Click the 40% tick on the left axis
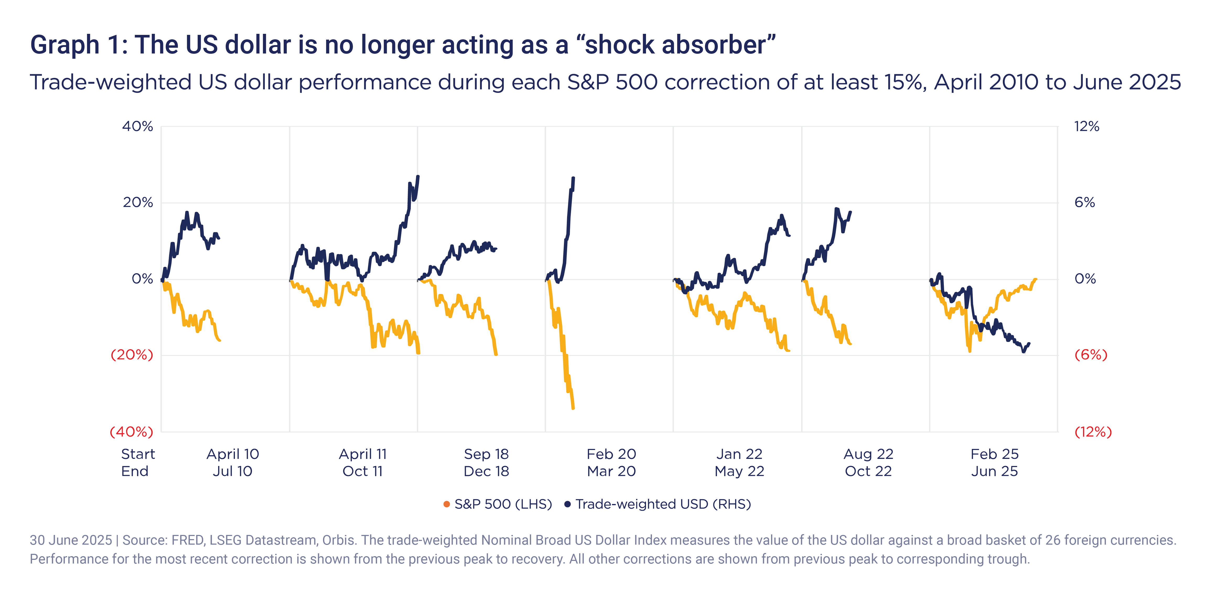138,127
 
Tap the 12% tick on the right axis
1087,127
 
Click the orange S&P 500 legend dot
446,504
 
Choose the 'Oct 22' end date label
868,471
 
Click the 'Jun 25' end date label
994,471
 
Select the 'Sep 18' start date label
486,454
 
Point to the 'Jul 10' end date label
233,471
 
